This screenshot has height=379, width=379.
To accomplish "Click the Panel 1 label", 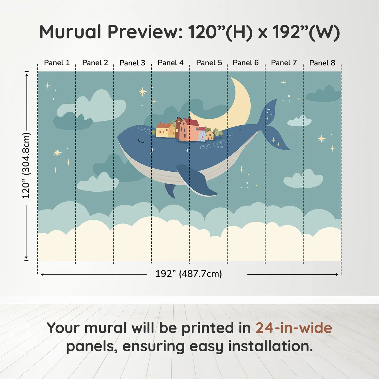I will point(57,63).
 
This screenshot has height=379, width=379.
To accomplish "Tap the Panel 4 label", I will point(171,63).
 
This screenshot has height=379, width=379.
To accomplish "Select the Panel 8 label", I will point(322,63).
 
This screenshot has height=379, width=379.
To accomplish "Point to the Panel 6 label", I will point(246,63).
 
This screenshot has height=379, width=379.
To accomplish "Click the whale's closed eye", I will point(141,141).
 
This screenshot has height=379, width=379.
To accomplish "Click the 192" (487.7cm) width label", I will point(189,274).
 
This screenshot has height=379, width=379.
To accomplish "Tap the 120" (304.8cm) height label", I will point(26,166).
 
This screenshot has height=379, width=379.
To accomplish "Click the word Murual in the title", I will point(70,32).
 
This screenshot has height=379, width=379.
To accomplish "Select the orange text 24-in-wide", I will point(294,328).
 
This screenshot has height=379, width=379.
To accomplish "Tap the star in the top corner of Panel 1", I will point(48,86).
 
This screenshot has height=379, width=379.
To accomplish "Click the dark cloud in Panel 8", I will point(324,95).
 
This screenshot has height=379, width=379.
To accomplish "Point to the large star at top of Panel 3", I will point(143,92).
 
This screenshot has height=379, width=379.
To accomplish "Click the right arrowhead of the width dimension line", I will point(337,275).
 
